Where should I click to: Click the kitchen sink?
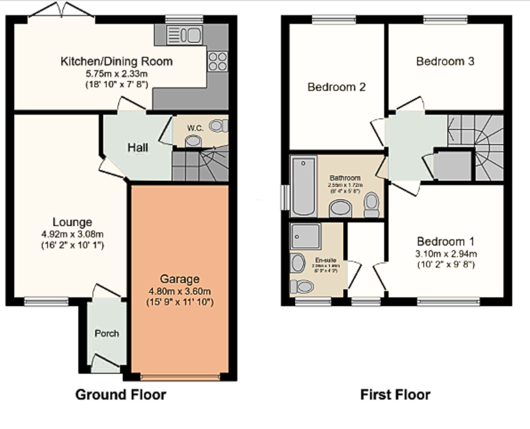185,35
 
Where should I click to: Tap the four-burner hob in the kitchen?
216,61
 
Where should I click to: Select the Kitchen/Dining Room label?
116,61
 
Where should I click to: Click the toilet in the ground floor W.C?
218,126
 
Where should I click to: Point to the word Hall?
138,148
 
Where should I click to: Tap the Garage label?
179,279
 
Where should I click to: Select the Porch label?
107,333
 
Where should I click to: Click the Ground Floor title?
121,394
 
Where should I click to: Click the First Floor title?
395,394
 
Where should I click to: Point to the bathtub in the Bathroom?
303,187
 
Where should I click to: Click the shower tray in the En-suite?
305,236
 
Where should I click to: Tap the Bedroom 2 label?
337,87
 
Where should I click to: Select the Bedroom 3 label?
445,61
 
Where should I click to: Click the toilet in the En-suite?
302,286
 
